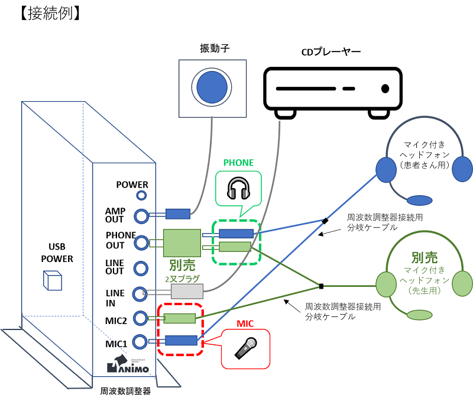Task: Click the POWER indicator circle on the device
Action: coord(141,196)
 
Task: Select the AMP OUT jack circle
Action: coord(141,215)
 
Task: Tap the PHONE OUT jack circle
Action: coord(141,242)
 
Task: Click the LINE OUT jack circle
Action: coord(141,268)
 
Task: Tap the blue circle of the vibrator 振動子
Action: coord(212,87)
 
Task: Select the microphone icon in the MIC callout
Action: coord(245,348)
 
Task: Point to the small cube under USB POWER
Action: coord(53,280)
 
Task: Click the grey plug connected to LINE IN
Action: coord(187,291)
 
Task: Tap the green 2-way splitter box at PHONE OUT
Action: coord(182,242)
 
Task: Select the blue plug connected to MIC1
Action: coord(180,340)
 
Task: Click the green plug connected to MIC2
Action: coord(179,318)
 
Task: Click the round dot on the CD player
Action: coord(385,89)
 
